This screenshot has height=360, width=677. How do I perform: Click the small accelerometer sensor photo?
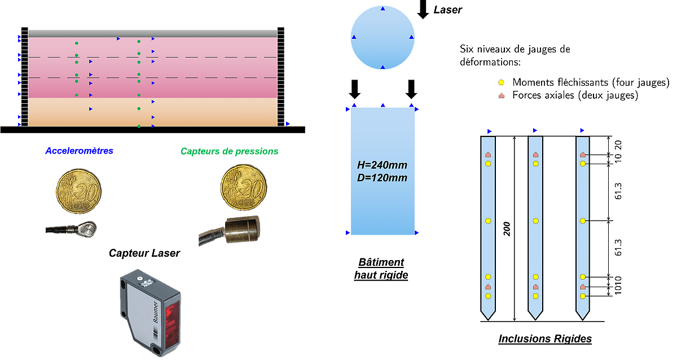(72, 230)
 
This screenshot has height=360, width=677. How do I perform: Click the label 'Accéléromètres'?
(79, 151)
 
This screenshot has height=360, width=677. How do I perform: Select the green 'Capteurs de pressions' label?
(230, 151)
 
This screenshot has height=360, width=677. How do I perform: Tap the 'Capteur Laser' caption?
(144, 253)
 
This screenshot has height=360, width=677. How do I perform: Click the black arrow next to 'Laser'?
(423, 10)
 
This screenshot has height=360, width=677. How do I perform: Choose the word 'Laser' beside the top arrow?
(447, 10)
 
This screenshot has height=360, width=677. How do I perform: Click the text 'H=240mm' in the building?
(383, 165)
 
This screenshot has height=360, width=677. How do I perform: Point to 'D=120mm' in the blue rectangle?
(383, 178)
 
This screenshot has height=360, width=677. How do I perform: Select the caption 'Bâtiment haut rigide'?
(381, 269)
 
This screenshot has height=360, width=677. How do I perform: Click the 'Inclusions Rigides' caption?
(545, 339)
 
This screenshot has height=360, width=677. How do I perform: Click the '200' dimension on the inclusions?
(508, 229)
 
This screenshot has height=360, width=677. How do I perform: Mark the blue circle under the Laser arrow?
(383, 38)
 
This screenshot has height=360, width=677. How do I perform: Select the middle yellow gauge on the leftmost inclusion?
(489, 220)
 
